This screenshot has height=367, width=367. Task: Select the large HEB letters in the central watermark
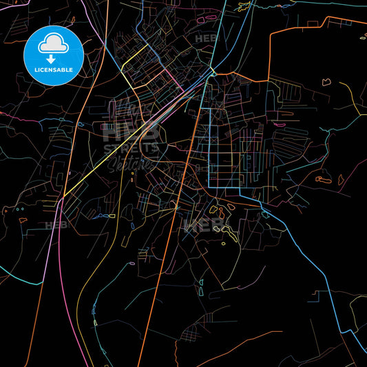coord(131,131)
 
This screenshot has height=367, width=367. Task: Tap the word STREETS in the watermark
coord(131,147)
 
